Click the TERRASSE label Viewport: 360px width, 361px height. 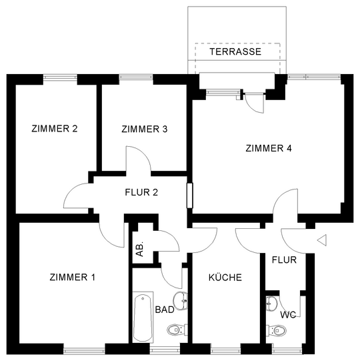coord(235,51)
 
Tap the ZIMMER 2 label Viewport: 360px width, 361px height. coord(55,129)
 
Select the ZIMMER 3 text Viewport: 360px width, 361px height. coord(145,129)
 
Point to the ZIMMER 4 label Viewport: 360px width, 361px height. coord(269,148)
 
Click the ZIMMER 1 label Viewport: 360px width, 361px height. coord(72,277)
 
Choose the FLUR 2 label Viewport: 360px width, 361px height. coord(141,192)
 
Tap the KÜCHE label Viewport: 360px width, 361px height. coord(225,277)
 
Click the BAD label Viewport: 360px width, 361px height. coord(165,310)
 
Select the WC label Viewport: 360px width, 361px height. coord(288,315)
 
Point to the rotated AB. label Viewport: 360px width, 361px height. coord(139,249)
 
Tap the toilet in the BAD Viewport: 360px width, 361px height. coord(177,330)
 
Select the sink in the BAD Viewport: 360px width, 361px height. coord(181,301)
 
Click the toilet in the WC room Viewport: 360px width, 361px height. coord(276,330)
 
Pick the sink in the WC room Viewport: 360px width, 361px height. coord(272,304)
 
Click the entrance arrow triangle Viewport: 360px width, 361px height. coord(323,240)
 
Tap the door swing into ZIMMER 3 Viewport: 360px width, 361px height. coord(139,159)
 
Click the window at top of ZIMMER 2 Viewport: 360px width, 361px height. coord(60,77)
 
